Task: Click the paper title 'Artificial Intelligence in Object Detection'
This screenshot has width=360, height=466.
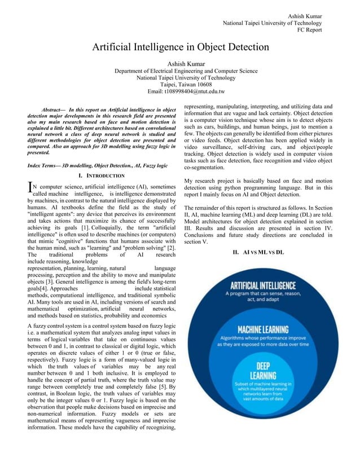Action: pos(181,47)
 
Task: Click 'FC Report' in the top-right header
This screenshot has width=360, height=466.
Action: pos(309,30)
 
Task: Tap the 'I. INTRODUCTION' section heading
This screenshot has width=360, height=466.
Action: pos(102,176)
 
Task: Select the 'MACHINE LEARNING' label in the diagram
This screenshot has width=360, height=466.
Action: pos(262,329)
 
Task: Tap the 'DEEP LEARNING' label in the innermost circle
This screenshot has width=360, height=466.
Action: pos(263,371)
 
